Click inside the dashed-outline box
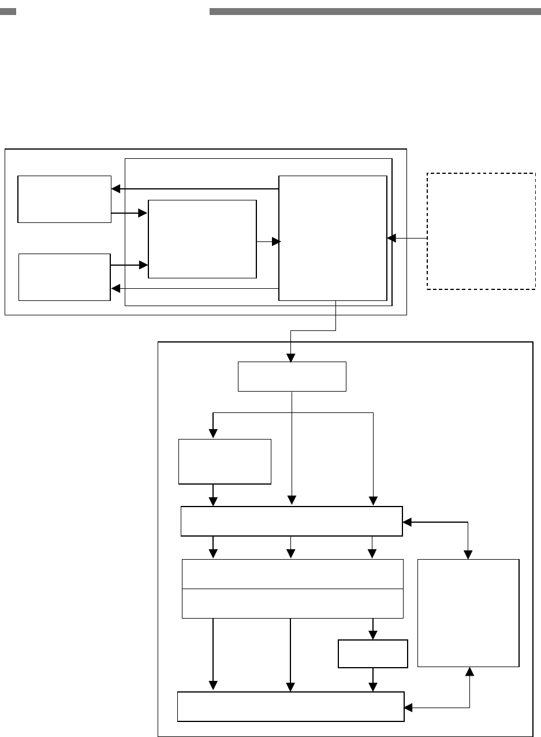[481, 230]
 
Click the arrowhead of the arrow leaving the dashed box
[391, 238]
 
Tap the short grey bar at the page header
[8, 11]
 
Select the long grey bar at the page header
[375, 11]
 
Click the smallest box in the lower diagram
[373, 654]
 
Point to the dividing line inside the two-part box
[292, 589]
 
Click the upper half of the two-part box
[292, 574]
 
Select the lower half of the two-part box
[292, 604]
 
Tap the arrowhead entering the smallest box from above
[373, 635]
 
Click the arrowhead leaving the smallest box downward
[373, 687]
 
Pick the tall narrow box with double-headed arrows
[468, 613]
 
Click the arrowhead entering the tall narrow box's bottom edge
[469, 671]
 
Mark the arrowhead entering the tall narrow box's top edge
[468, 555]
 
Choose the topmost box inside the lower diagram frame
[292, 377]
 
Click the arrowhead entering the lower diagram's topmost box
[290, 358]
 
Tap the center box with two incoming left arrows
[202, 239]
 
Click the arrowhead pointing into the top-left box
[115, 189]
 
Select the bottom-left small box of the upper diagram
[64, 277]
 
